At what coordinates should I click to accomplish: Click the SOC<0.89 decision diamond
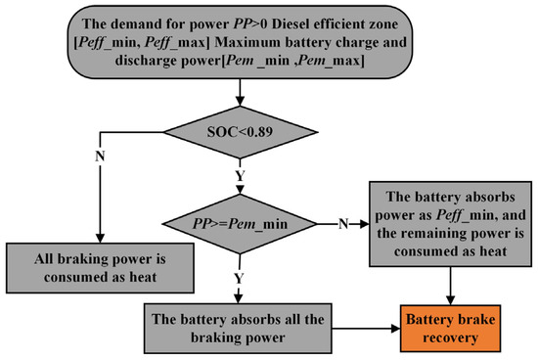pyautogui.click(x=240, y=131)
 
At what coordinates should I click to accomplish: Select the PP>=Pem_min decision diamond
pyautogui.click(x=240, y=223)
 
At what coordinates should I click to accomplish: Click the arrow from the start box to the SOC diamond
pyautogui.click(x=240, y=90)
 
